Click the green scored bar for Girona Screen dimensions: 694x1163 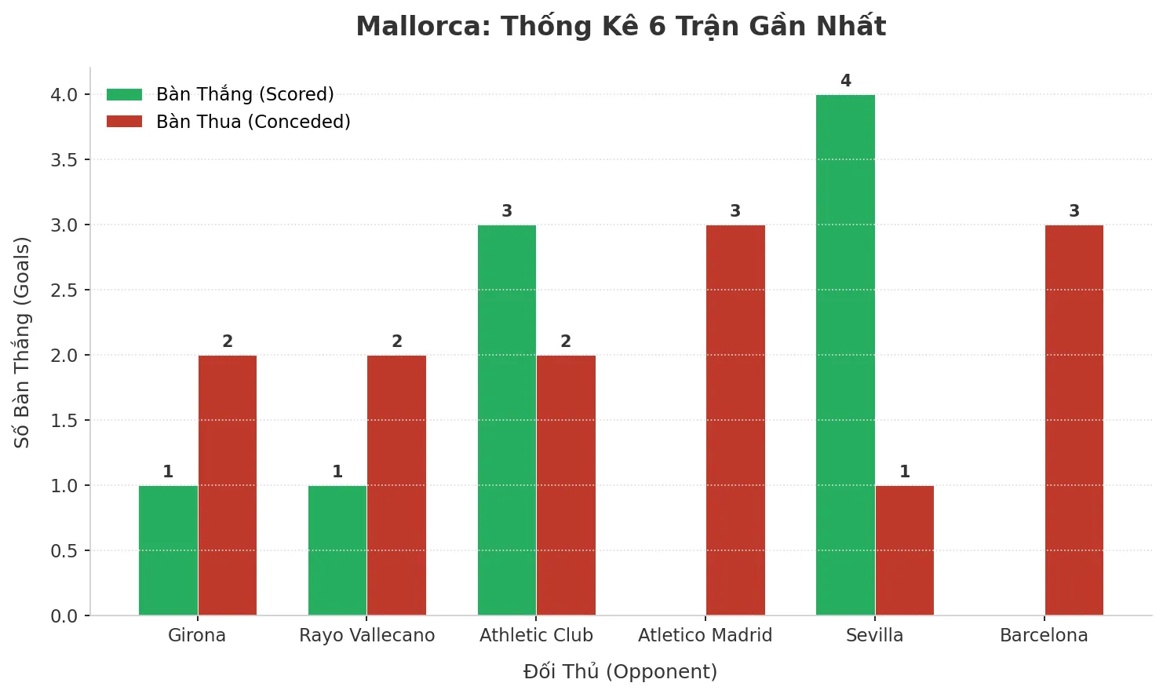(x=168, y=550)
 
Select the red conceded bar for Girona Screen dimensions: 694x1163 (x=228, y=485)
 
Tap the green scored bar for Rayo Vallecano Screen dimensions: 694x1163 (x=337, y=550)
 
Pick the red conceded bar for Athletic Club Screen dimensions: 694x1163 (x=566, y=485)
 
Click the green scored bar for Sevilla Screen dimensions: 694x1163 (x=845, y=355)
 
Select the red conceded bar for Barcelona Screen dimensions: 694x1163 (x=1074, y=420)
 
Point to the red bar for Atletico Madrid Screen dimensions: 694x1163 (x=735, y=420)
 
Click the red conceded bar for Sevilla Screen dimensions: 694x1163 (x=905, y=550)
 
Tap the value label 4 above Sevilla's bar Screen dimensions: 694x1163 (x=845, y=81)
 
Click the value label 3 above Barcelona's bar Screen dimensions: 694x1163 (x=1074, y=211)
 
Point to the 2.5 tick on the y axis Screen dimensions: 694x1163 (x=64, y=290)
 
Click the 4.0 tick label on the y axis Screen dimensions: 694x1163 (x=64, y=95)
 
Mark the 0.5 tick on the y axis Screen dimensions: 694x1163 (x=64, y=551)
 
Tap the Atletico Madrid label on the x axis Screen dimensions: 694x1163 (x=705, y=635)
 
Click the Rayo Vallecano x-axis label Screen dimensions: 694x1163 (x=366, y=635)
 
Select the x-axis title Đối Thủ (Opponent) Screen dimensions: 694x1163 (x=620, y=672)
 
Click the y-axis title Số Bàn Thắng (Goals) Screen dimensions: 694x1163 (x=22, y=342)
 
